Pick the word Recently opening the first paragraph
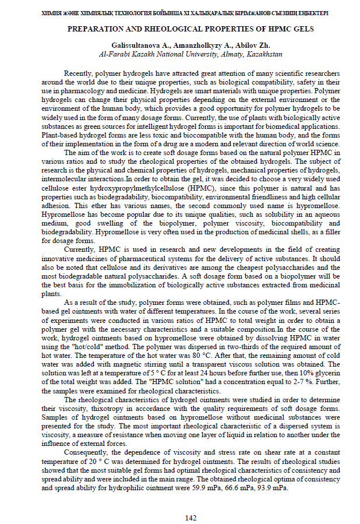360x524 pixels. point(78,75)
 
